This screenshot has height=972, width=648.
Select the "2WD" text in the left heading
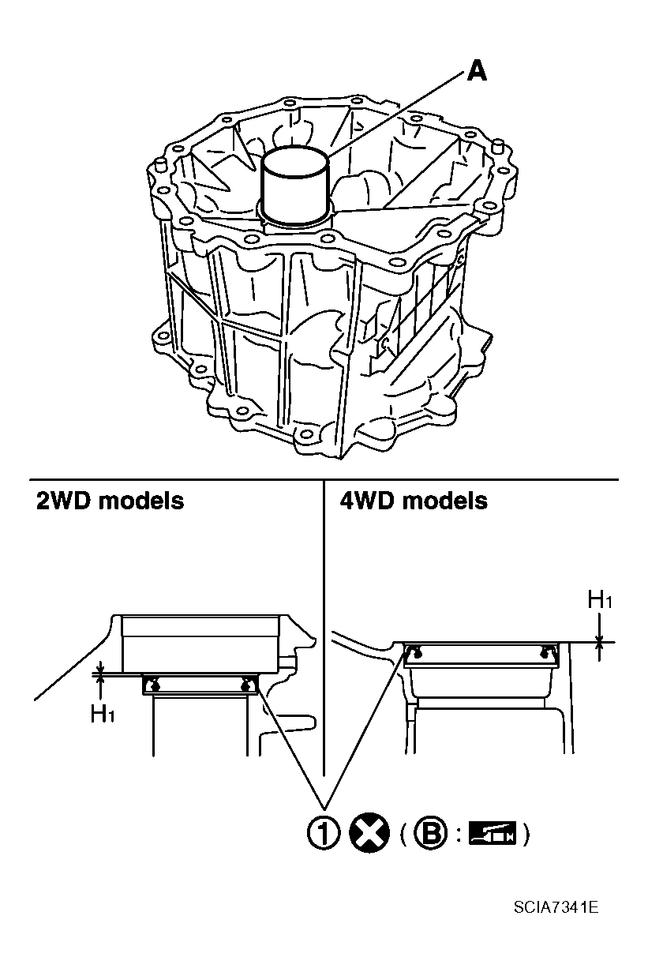[62, 501]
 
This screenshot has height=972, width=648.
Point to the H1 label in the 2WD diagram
[101, 715]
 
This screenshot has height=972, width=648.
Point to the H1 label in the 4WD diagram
[600, 600]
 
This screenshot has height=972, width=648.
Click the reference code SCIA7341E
[556, 907]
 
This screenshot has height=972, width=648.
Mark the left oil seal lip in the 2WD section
[155, 685]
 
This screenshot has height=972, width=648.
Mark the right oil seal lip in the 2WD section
[247, 685]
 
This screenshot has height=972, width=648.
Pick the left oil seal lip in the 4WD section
[415, 651]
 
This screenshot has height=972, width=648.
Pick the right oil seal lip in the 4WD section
[546, 651]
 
